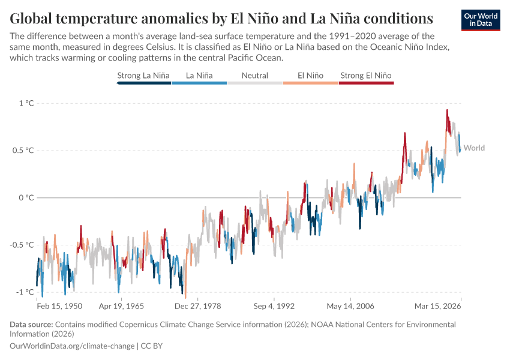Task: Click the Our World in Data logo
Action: (x=481, y=20)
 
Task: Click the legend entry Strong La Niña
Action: (x=143, y=76)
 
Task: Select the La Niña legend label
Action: (x=199, y=76)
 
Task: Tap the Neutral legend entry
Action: (x=254, y=76)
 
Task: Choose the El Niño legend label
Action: (x=310, y=76)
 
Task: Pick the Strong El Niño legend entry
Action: (x=366, y=76)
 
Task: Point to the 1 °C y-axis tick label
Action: (x=26, y=103)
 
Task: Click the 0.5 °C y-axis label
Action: (x=23, y=150)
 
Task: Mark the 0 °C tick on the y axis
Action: (x=26, y=197)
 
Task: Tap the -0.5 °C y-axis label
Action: (x=22, y=245)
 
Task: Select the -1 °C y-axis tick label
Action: (x=25, y=292)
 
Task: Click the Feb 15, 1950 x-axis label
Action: (x=59, y=306)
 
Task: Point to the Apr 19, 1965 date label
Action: (x=122, y=306)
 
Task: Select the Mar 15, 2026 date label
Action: (x=439, y=306)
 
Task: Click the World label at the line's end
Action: (x=474, y=148)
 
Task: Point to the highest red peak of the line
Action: (x=446, y=110)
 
